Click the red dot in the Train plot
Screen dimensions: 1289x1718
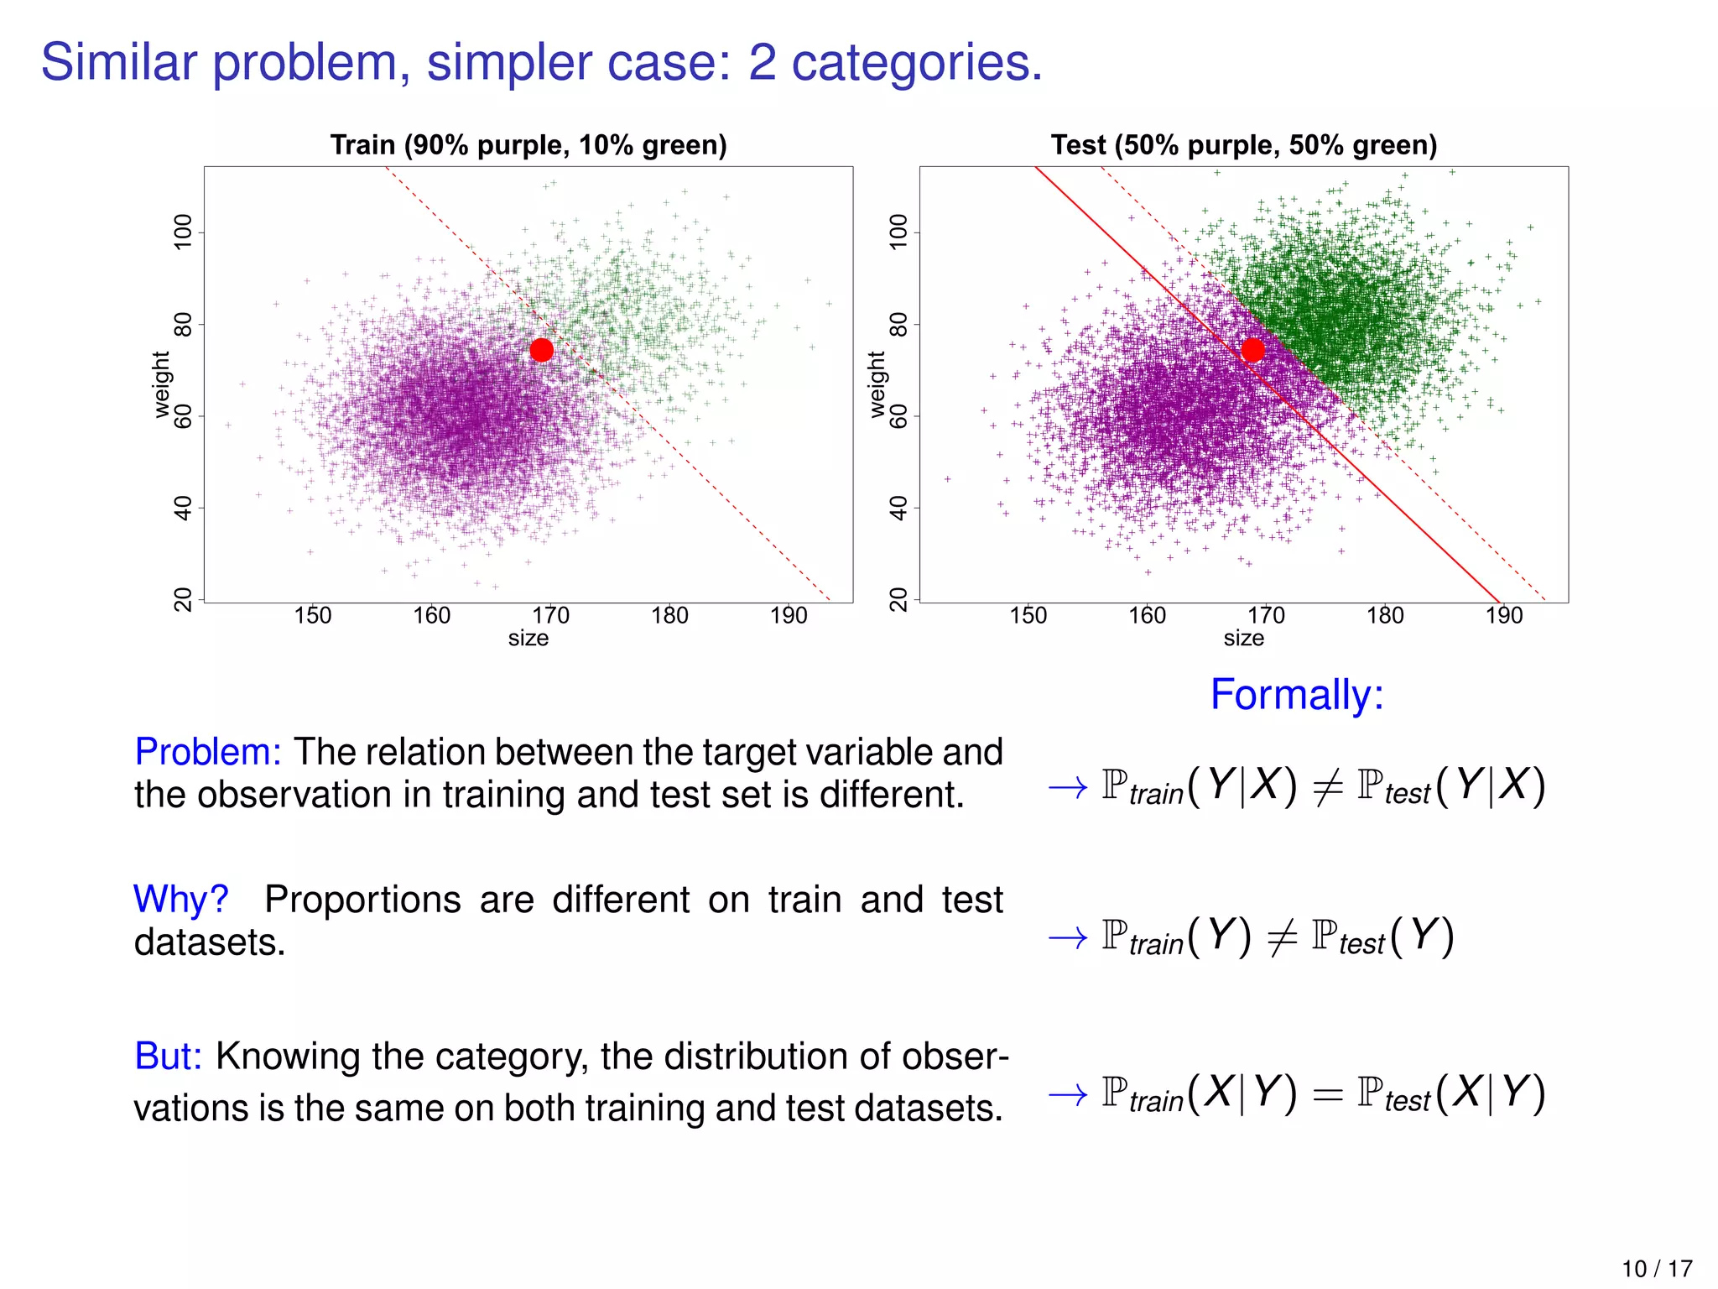542,350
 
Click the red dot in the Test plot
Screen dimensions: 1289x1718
1252,349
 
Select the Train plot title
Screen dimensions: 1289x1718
528,145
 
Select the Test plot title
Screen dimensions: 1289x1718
1244,145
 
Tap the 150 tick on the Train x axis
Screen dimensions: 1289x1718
313,616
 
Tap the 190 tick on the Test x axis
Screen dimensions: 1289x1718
1504,616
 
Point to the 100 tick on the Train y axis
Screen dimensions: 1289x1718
183,232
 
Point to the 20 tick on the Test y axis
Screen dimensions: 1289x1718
898,600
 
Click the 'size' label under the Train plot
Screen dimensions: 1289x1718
528,639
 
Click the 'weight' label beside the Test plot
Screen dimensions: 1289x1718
877,384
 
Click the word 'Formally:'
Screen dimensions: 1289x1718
1297,695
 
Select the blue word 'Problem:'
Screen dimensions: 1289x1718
208,752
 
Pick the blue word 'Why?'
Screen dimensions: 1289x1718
181,900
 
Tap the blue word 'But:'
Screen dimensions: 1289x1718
169,1057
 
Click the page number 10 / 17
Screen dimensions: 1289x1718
1657,1269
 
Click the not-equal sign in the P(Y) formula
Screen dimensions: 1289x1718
1281,937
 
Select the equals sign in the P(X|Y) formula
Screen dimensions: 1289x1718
1327,1093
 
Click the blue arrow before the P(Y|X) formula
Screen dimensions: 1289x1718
1068,787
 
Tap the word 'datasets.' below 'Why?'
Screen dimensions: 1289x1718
210,942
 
